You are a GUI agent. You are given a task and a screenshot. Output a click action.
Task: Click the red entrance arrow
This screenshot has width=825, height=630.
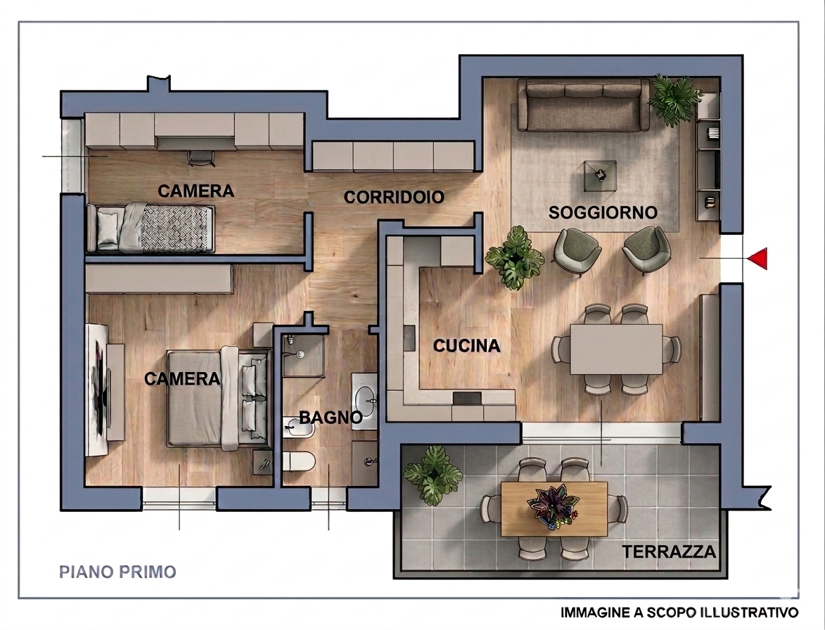757,259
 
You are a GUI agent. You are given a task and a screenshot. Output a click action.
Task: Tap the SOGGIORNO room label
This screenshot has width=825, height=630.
603,212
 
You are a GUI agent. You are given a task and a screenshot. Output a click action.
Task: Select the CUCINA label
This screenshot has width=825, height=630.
466,345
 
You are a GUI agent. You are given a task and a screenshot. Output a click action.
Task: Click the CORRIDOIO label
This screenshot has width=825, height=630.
394,198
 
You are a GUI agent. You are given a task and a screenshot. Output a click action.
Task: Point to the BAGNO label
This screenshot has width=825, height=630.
331,418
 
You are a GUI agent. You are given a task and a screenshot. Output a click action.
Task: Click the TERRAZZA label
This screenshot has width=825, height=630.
669,551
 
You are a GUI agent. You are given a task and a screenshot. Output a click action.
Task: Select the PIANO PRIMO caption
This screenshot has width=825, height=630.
117,572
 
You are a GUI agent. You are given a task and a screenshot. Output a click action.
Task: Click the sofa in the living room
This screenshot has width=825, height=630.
583,105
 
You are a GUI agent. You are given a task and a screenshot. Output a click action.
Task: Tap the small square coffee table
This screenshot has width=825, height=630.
600,176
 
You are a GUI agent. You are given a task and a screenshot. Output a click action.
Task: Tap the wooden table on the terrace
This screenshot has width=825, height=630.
554,508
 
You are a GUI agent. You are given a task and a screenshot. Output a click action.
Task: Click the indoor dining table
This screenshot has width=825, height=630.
615,349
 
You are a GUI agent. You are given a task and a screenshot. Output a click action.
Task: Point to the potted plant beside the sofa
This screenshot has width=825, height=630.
674,98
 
